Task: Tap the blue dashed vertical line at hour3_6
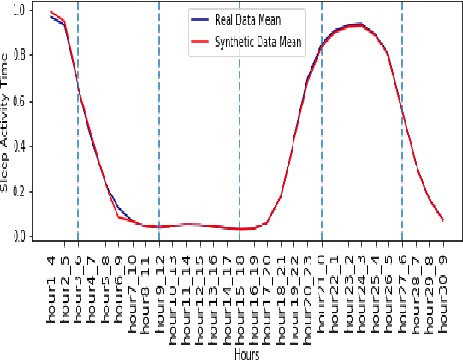[78, 145]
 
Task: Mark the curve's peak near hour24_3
[360, 24]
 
